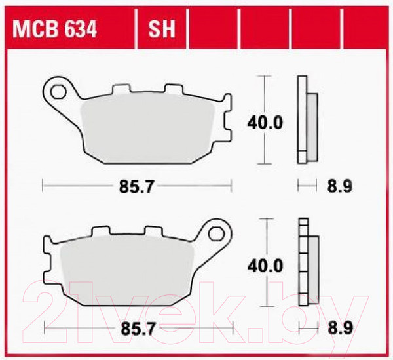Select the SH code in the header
tap(161, 29)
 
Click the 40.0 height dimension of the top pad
tap(264, 122)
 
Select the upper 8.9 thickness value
tap(339, 187)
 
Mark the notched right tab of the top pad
tap(226, 119)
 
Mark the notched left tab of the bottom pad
tap(47, 262)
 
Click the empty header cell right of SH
tap(212, 29)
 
